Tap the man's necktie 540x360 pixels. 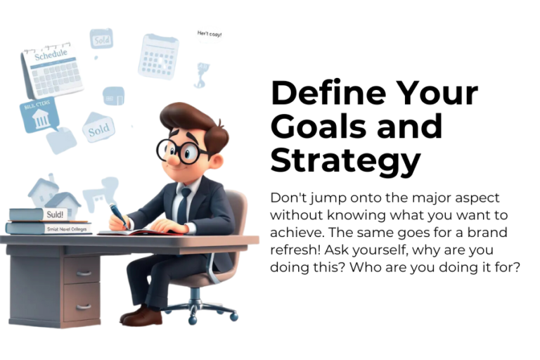coord(184,204)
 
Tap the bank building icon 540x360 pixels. coord(40,117)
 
